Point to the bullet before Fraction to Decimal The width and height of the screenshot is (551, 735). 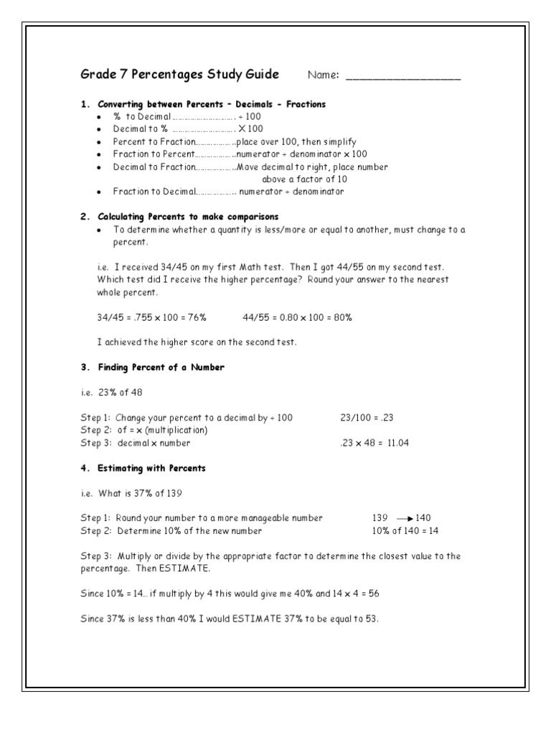[x=99, y=192]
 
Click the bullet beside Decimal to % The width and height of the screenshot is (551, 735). [x=99, y=129]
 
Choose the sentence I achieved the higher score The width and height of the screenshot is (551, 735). [x=196, y=342]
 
